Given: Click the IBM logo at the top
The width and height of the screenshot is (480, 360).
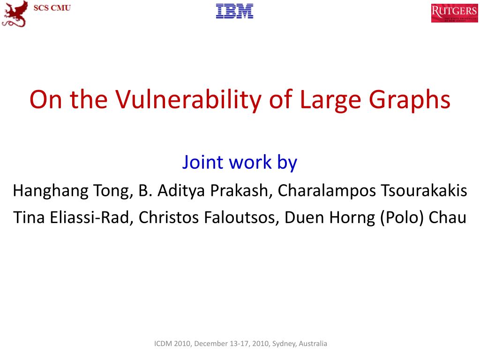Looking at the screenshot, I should (234, 11).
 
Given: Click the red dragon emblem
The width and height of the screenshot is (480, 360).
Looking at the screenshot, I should (15, 13).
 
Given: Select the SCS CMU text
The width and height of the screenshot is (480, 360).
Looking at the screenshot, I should (52, 8).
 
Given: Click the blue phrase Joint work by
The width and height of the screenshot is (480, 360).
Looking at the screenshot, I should (240, 162).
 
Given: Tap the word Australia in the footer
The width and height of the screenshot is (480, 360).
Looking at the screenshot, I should (313, 344).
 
